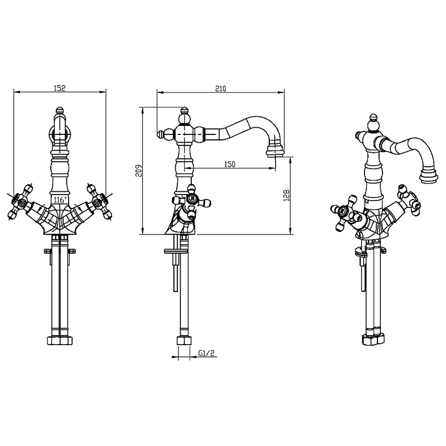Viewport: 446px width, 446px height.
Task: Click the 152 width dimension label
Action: coord(60,88)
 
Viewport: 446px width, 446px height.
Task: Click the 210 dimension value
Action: coord(220,89)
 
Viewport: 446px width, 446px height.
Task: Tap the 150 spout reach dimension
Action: coord(230,164)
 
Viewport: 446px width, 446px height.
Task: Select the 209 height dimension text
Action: coord(138,171)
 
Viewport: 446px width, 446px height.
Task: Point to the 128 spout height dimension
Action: coord(287,196)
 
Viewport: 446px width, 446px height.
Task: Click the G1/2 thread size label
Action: coord(206,353)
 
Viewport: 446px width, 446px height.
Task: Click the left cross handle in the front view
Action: coord(20,202)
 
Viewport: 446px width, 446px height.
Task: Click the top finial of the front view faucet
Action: coord(60,110)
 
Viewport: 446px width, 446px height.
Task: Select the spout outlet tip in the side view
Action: coord(275,153)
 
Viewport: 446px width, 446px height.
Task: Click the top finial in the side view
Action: coord(185,111)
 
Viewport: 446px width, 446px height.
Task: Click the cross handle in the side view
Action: coord(192,202)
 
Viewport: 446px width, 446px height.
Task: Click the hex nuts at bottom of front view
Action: coord(60,341)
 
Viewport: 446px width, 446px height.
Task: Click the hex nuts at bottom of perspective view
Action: coord(374,340)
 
